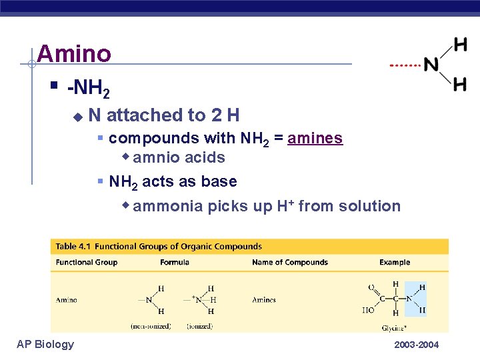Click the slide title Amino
(x=74, y=54)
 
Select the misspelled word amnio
(x=152, y=158)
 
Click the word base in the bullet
(x=221, y=181)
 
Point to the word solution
(x=369, y=206)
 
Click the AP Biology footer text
(x=45, y=344)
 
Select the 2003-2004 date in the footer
(x=417, y=345)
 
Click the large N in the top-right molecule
(x=431, y=65)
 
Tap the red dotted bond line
(x=405, y=66)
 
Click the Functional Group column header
(x=87, y=263)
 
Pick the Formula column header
(x=175, y=263)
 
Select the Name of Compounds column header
(x=290, y=263)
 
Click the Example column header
(x=395, y=263)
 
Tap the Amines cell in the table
(x=264, y=300)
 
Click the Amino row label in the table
(x=67, y=300)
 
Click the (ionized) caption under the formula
(x=201, y=326)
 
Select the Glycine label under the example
(x=394, y=327)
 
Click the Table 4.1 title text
(x=159, y=247)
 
